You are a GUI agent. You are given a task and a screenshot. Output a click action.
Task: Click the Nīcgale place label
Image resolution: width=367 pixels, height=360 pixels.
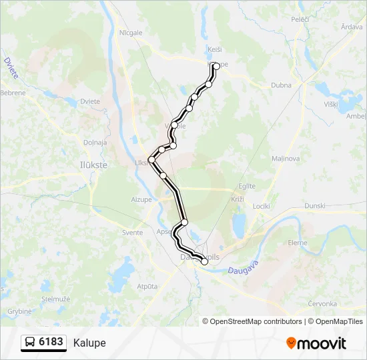pyautogui.click(x=131, y=33)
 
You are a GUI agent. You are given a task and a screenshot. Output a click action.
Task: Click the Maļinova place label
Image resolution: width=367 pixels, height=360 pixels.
pyautogui.click(x=286, y=159)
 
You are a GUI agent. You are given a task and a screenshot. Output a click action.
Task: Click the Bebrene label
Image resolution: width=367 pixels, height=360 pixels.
pyautogui.click(x=13, y=93)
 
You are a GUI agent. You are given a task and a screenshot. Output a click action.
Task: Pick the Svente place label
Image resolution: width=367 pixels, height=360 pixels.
pyautogui.click(x=132, y=233)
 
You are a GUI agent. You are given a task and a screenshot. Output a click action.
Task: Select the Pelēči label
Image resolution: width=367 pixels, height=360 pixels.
pyautogui.click(x=300, y=19)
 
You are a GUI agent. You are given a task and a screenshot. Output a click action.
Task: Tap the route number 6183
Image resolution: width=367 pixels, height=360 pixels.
pyautogui.click(x=51, y=343)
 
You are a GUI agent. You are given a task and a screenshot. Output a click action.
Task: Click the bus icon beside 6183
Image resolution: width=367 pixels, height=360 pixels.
pyautogui.click(x=30, y=343)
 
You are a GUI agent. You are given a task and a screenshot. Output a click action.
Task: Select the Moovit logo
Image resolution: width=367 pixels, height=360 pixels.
pyautogui.click(x=316, y=343)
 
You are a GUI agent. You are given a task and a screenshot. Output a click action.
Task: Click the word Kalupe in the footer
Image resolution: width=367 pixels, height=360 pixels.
pyautogui.click(x=89, y=343)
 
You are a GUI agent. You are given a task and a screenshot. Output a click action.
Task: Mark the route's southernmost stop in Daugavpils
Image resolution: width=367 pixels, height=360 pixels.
pyautogui.click(x=204, y=262)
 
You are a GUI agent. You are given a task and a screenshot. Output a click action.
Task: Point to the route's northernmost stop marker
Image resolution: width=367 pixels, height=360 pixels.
pyautogui.click(x=216, y=66)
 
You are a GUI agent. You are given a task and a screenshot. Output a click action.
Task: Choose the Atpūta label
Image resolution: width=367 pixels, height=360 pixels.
pyautogui.click(x=147, y=286)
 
